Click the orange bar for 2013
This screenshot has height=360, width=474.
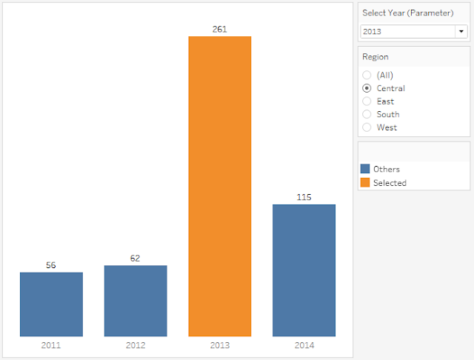(220, 186)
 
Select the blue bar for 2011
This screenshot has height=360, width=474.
(51, 304)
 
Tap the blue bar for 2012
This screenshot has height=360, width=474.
(136, 301)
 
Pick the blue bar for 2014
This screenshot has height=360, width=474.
(304, 270)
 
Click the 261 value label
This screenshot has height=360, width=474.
(219, 30)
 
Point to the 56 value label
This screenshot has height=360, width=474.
(51, 265)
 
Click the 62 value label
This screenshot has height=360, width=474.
(135, 258)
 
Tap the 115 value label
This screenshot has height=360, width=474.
(304, 197)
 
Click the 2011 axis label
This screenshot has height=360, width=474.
(51, 345)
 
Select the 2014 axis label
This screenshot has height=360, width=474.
(304, 345)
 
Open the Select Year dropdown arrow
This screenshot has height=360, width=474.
(461, 31)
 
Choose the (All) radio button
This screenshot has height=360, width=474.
(367, 75)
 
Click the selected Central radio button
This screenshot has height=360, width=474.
(367, 88)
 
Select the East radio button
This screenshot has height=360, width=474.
(367, 101)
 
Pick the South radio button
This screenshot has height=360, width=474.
(367, 114)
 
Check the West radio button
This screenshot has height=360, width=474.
(367, 127)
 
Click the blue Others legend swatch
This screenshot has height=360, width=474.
(365, 169)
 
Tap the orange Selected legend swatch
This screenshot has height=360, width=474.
(365, 182)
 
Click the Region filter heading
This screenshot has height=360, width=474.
(375, 57)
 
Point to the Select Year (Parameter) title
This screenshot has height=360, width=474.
(408, 13)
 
